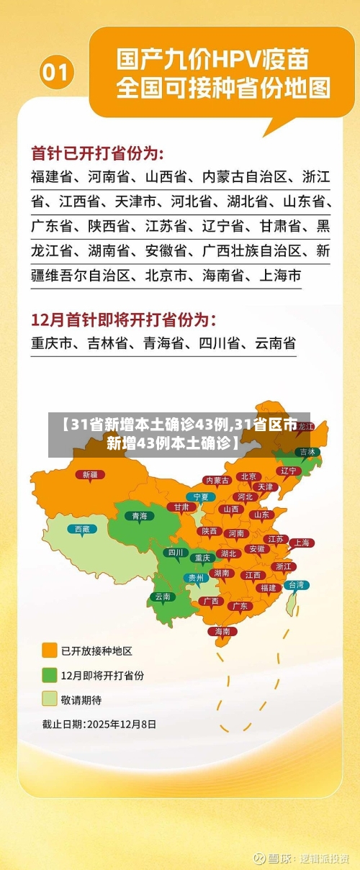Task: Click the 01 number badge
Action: point(56,73)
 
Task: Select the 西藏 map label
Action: point(82,528)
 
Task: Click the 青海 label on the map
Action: point(139,515)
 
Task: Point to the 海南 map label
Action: point(222,631)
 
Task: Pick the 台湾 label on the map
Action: point(295,585)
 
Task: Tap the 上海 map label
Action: point(301,543)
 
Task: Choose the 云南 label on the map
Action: point(162,596)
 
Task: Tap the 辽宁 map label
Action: point(288,471)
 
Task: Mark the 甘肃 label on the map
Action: point(181,507)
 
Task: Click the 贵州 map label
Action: point(196,577)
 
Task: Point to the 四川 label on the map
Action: point(174,553)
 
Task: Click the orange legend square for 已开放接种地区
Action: point(50,651)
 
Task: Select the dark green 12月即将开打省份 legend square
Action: point(50,675)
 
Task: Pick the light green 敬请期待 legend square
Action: point(50,699)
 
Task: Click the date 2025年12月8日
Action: point(121,724)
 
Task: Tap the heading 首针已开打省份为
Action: point(97,153)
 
